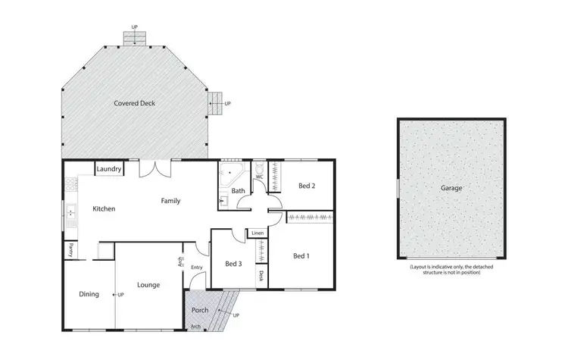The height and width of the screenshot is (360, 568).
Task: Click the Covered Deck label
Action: click(x=134, y=103)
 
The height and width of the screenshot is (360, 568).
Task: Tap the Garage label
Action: click(x=451, y=188)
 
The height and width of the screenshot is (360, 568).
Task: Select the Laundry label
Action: click(x=110, y=169)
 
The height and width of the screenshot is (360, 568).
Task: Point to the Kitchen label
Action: click(x=104, y=208)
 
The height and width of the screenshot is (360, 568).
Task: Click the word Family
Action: click(x=170, y=201)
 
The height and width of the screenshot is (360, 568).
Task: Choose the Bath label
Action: click(x=238, y=191)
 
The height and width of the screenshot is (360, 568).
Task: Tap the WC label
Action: click(x=259, y=177)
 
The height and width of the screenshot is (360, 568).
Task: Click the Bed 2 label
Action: click(x=306, y=186)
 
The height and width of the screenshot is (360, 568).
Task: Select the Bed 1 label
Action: click(x=301, y=256)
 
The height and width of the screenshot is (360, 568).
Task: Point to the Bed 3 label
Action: click(x=233, y=264)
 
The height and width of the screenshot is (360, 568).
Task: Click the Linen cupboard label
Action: click(x=257, y=233)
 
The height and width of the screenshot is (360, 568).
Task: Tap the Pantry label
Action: click(x=70, y=249)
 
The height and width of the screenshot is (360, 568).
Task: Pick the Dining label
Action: click(x=89, y=294)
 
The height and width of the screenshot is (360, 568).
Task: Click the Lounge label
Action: click(x=148, y=285)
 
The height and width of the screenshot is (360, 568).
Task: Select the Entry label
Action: click(x=197, y=267)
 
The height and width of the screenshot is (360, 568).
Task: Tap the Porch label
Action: click(x=200, y=310)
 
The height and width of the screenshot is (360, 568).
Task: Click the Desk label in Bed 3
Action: click(x=261, y=276)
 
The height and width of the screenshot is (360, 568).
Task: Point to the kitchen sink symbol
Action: click(x=70, y=213)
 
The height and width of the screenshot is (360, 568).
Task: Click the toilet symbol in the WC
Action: click(x=258, y=167)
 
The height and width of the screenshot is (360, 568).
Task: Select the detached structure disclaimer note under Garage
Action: click(x=451, y=269)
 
